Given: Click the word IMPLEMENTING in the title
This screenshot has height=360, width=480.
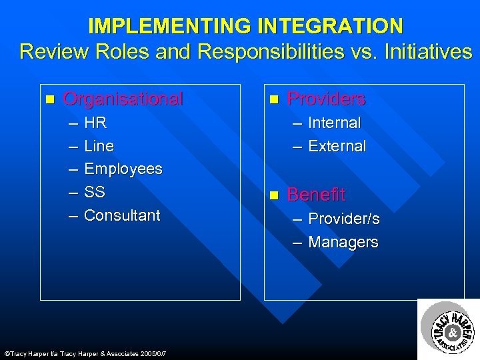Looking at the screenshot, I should [169, 26].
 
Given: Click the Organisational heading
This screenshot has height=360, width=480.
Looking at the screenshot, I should [123, 99].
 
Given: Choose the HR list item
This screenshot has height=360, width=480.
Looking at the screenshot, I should [95, 123].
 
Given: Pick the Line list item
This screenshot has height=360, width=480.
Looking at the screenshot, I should [99, 146].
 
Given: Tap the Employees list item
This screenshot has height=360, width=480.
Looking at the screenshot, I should [123, 169].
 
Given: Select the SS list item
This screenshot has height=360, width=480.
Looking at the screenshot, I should [95, 192].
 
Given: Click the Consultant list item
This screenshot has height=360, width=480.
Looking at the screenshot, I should [122, 215].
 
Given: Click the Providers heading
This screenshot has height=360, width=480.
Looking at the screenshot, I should [326, 99].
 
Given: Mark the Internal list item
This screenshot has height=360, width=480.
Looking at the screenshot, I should [334, 123].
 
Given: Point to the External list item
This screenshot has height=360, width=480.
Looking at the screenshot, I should [337, 146].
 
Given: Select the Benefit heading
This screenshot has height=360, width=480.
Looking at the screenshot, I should [316, 195].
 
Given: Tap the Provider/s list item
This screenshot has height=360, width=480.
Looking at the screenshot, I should [343, 219].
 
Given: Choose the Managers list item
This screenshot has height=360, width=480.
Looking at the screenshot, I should [343, 242].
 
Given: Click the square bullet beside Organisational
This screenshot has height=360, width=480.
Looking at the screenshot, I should [49, 100].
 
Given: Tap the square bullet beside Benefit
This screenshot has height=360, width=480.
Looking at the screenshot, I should [273, 195].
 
